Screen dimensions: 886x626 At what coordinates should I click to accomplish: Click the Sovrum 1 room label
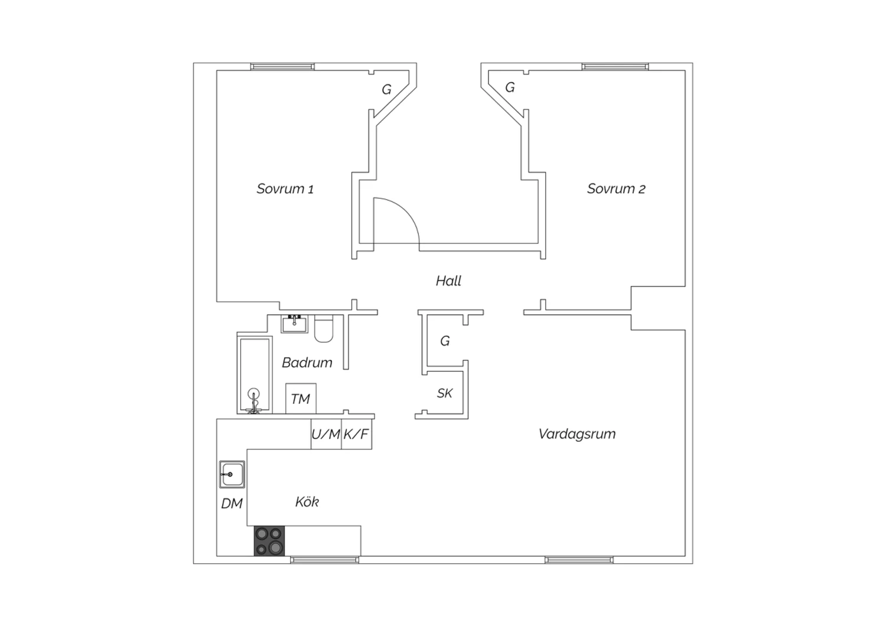[285, 189]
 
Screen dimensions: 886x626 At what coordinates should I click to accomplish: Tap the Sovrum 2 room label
[616, 189]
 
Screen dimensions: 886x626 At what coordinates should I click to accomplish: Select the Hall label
[448, 281]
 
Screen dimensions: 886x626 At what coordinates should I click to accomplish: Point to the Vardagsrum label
[577, 434]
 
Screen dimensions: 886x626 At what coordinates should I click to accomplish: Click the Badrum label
[307, 363]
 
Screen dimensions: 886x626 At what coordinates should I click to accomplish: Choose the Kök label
[307, 502]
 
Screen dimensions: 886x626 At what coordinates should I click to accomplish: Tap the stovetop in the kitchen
[269, 541]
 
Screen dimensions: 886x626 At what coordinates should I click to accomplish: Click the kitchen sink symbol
[232, 474]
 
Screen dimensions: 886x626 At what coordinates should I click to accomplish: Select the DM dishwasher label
[232, 504]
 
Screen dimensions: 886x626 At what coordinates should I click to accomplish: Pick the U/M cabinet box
[326, 434]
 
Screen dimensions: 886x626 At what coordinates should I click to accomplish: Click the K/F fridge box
[356, 434]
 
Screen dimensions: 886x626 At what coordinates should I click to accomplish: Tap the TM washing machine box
[301, 399]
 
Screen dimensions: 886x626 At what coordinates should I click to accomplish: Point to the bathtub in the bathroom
[255, 375]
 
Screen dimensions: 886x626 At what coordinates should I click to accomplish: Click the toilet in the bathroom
[324, 328]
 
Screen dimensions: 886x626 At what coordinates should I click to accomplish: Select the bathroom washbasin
[294, 324]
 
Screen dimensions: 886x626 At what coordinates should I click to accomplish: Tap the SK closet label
[445, 393]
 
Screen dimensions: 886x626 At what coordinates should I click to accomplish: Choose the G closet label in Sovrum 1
[386, 90]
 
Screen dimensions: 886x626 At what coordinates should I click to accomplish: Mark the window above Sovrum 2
[615, 66]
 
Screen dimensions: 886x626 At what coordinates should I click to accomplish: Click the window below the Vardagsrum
[579, 560]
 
